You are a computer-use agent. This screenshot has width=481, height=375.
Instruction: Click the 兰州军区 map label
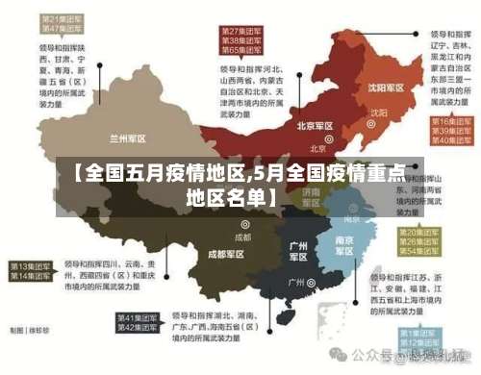click(128, 137)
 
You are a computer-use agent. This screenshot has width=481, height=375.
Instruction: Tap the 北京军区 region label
click(315, 126)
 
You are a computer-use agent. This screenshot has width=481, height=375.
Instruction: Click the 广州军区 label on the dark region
click(298, 252)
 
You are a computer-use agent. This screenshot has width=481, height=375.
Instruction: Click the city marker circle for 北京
click(315, 137)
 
